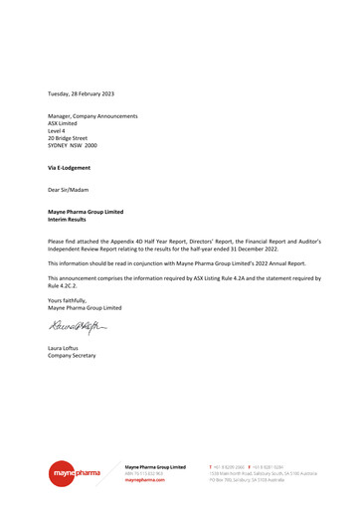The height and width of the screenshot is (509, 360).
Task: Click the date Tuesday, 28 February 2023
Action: (82, 93)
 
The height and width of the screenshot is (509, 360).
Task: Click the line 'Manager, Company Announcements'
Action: (92, 116)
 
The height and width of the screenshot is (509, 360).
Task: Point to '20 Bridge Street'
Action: (68, 138)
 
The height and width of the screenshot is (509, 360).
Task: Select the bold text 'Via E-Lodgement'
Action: (72, 168)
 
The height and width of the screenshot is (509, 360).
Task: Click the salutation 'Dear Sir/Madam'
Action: (70, 190)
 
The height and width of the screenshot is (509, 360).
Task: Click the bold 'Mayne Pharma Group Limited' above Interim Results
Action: (86, 212)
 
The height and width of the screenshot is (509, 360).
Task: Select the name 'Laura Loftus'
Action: (66, 347)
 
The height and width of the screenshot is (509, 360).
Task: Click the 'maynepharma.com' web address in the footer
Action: (145, 480)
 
